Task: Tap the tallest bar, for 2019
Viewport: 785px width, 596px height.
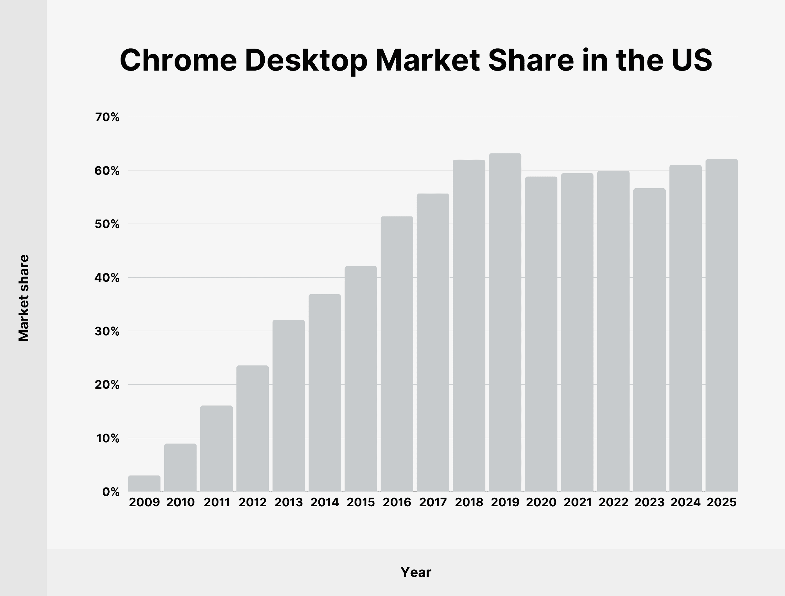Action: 505,322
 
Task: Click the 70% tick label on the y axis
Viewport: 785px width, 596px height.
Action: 107,117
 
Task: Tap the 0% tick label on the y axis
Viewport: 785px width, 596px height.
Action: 111,492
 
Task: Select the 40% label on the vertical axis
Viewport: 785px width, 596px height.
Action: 107,278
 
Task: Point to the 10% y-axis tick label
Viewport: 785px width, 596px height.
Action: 108,439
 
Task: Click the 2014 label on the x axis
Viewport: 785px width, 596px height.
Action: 324,502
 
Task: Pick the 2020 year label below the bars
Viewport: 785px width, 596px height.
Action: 541,502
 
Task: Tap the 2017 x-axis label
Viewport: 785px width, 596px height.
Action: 433,502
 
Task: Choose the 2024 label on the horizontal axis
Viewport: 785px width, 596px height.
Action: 685,502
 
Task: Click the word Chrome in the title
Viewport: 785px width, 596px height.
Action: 178,60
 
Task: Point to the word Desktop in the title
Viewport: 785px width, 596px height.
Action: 306,60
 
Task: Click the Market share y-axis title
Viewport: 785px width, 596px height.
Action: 24,298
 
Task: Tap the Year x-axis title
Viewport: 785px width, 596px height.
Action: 416,572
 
